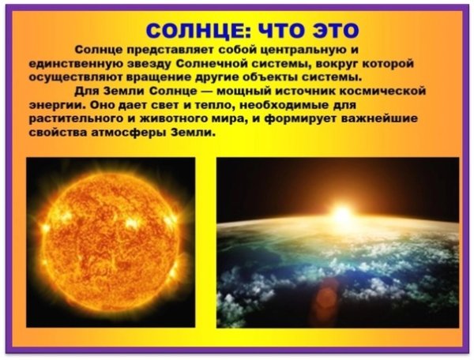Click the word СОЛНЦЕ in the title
point(194,32)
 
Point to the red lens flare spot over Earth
point(325,298)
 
